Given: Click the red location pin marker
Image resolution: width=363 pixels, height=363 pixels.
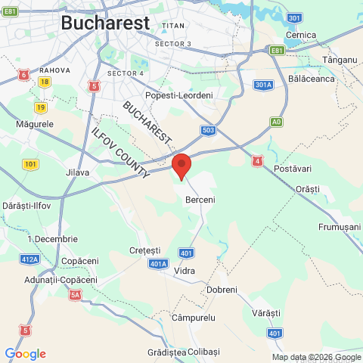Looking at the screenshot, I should (181, 164).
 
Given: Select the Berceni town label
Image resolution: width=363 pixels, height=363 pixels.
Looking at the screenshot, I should (200, 200).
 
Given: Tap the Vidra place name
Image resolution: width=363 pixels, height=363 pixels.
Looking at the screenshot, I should (185, 270).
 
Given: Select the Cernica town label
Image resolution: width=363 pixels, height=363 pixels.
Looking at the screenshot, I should (301, 36).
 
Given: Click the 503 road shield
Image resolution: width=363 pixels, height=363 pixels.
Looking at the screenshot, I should (209, 130).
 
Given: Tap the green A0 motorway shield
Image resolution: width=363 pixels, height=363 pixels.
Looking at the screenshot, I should (277, 121).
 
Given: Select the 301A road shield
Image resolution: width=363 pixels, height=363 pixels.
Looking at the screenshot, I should (262, 85).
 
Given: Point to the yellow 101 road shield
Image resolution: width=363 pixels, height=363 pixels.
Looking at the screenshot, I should (30, 164).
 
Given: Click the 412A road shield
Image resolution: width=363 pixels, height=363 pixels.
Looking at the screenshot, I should (29, 259).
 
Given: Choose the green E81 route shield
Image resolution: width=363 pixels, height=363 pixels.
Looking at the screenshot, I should (276, 51).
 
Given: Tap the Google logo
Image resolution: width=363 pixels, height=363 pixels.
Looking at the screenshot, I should (25, 354).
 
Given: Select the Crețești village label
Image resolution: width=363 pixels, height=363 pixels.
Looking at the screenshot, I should (145, 250).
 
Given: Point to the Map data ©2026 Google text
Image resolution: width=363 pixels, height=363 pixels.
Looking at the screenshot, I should (316, 357).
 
